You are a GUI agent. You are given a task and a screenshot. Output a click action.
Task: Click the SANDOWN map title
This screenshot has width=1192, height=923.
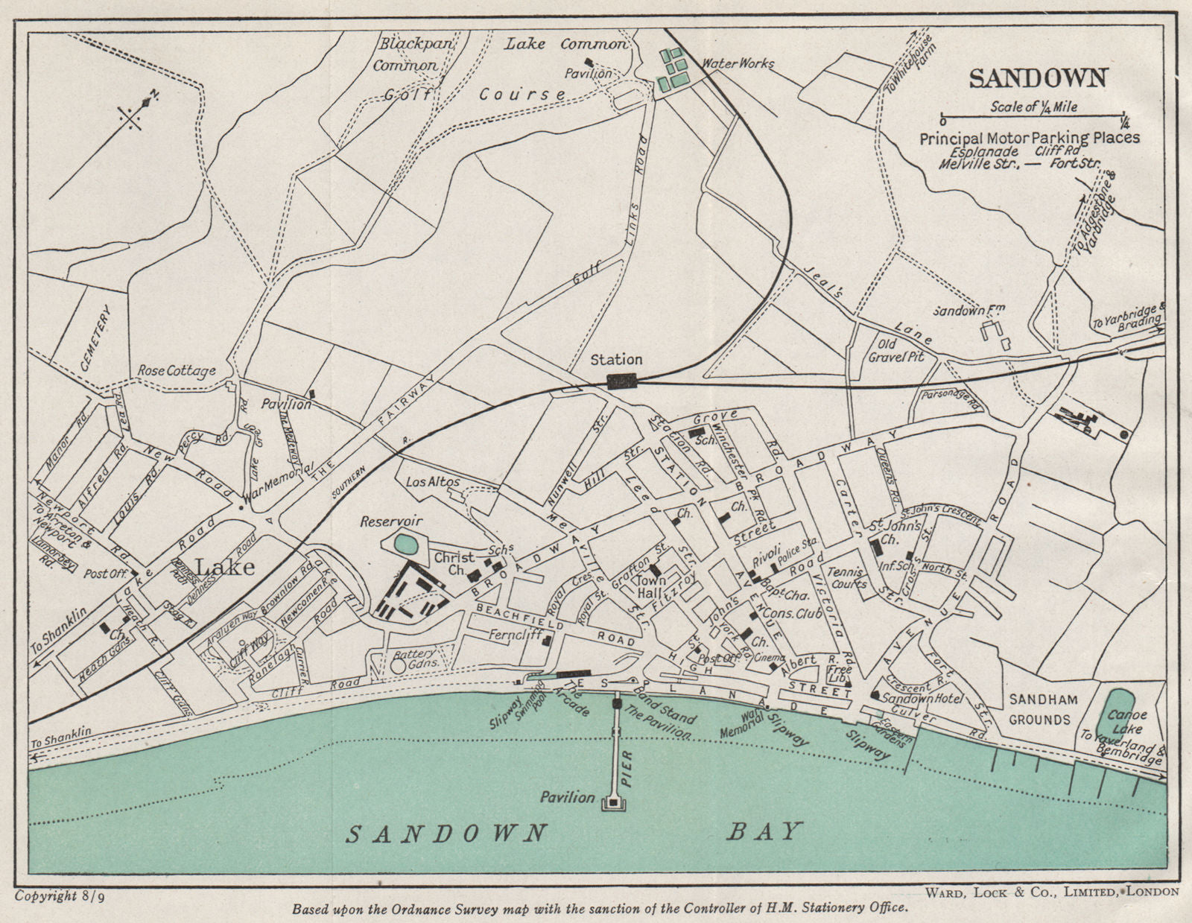tap(1038, 77)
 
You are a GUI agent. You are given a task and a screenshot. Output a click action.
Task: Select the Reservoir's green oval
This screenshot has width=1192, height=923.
tap(405, 544)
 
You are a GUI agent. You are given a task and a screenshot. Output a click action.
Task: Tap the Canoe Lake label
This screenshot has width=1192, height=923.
tap(1127, 721)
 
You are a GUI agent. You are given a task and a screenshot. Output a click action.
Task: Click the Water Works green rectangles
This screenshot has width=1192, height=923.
tap(673, 69)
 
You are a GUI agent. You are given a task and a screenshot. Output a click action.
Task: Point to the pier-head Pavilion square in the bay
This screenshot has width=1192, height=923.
tap(615, 802)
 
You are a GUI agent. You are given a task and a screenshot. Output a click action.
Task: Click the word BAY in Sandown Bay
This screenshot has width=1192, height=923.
tap(764, 831)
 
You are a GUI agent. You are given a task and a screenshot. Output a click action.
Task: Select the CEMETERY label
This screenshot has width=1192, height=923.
tap(97, 339)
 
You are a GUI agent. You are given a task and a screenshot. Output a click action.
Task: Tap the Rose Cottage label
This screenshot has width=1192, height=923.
tap(177, 370)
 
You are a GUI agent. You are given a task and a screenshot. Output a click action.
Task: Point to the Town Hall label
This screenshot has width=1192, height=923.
tap(651, 586)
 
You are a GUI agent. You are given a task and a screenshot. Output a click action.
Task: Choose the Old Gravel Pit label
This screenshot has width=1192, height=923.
tap(901, 350)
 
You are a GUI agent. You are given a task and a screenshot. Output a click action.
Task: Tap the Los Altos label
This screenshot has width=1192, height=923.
tap(434, 482)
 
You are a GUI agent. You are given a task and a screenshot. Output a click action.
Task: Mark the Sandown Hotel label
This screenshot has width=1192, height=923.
tap(922, 699)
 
